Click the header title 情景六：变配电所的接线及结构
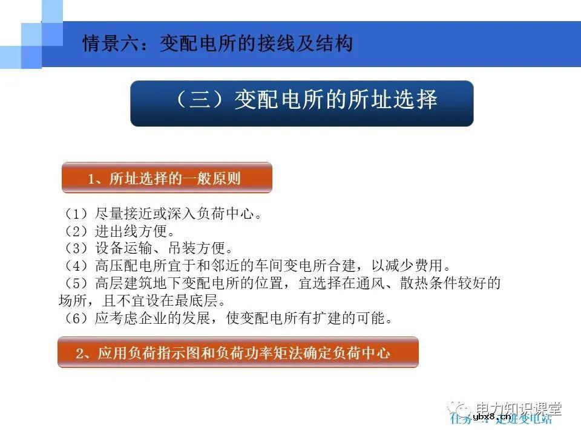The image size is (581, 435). [217, 44]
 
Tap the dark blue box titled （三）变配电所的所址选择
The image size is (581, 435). [301, 103]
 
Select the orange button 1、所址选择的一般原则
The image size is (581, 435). [166, 178]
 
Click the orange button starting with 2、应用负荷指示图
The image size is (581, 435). [238, 353]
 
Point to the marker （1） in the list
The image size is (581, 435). [76, 214]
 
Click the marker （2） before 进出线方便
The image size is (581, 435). [76, 231]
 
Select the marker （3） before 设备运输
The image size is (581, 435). [76, 248]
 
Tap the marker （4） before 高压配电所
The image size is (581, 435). [76, 266]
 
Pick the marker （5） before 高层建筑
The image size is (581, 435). [76, 283]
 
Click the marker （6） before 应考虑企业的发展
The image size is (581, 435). [76, 318]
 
